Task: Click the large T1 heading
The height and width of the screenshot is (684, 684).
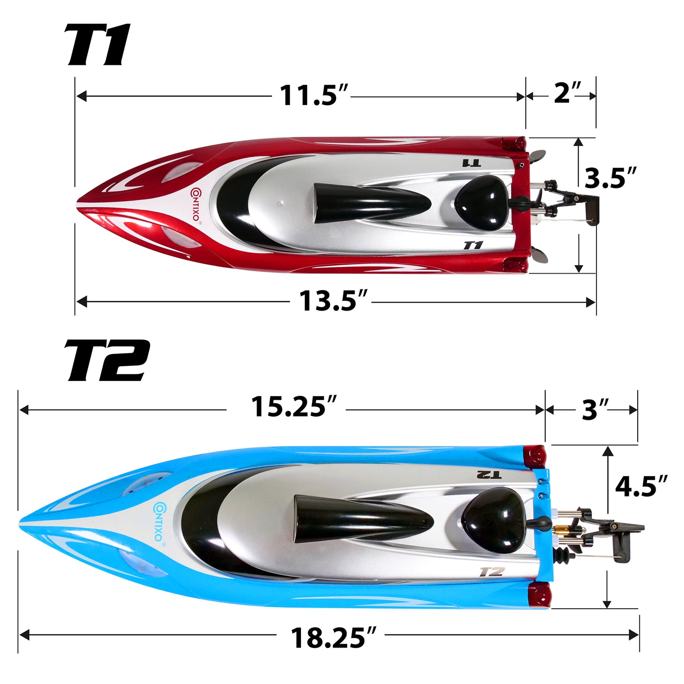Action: [x=97, y=45]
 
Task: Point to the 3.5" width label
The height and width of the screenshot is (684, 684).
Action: [x=610, y=178]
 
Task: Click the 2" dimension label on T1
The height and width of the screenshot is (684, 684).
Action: [x=567, y=93]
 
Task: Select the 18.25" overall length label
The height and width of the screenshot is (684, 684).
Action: [x=334, y=638]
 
